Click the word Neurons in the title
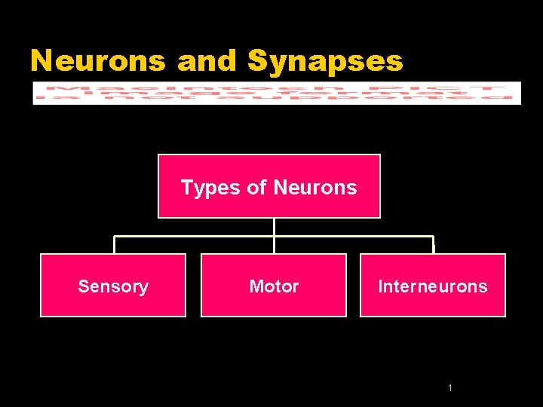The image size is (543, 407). click(x=97, y=60)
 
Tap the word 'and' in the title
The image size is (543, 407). click(x=207, y=60)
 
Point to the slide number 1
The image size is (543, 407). click(x=449, y=388)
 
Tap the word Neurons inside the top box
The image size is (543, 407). click(x=315, y=187)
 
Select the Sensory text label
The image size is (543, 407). click(x=113, y=286)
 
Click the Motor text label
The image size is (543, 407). click(x=274, y=286)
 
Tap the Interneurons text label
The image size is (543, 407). click(x=432, y=286)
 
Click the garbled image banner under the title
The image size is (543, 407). click(x=276, y=93)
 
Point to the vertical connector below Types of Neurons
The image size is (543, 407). click(x=274, y=227)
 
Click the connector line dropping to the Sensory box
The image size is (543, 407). click(x=114, y=245)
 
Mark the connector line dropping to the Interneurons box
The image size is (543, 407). click(x=434, y=245)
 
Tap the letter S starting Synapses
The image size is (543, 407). click(x=258, y=60)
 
